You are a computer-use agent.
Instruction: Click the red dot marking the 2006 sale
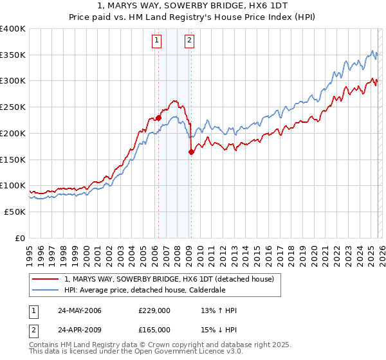pyautogui.click(x=158, y=118)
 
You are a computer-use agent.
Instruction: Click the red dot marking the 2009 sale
pyautogui.click(x=191, y=152)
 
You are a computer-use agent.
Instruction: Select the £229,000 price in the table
pyautogui.click(x=154, y=311)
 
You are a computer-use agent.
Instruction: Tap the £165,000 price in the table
pyautogui.click(x=154, y=330)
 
